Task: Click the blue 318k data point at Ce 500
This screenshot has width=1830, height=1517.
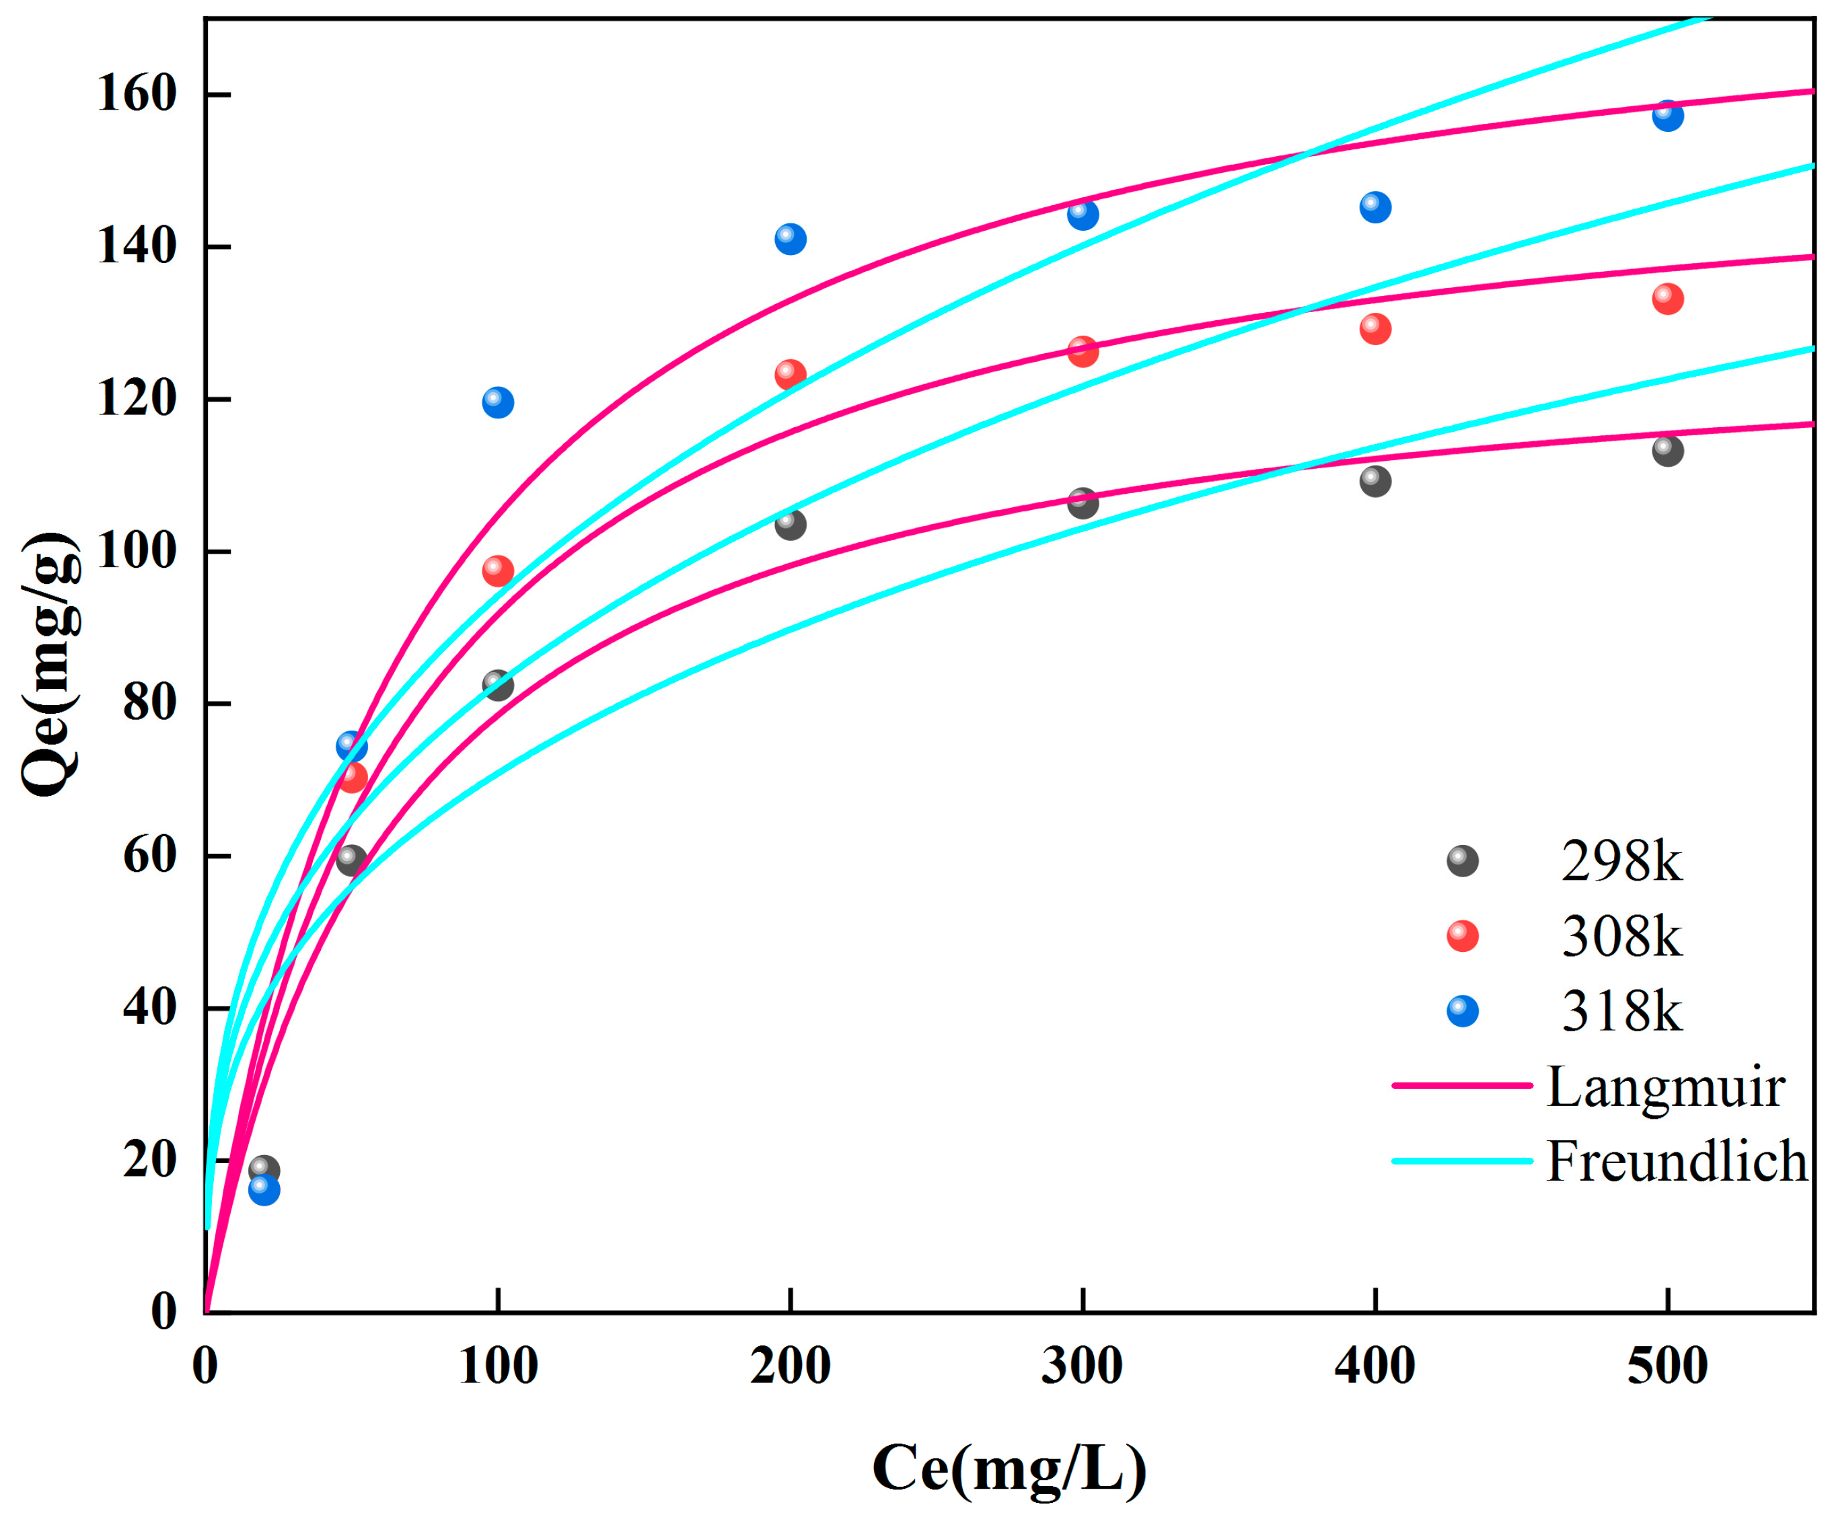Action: (1667, 115)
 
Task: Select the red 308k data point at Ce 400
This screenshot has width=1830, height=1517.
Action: (1375, 328)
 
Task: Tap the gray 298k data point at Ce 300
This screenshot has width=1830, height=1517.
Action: (1083, 503)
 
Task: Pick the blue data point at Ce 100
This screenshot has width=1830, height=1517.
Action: (498, 402)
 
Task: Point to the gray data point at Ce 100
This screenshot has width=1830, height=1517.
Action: (498, 685)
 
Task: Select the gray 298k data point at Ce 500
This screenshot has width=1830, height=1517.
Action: (1667, 451)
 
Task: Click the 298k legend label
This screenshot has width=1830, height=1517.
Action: (1621, 862)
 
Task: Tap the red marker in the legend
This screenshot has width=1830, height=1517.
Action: (1462, 936)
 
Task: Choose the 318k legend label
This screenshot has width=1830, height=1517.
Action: (1621, 1012)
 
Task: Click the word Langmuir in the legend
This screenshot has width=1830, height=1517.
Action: (1665, 1087)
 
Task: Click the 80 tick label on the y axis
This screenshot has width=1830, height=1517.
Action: (150, 702)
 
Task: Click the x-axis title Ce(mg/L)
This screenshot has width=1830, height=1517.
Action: (1009, 1468)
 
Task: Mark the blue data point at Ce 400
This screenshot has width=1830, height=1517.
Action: (1375, 207)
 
